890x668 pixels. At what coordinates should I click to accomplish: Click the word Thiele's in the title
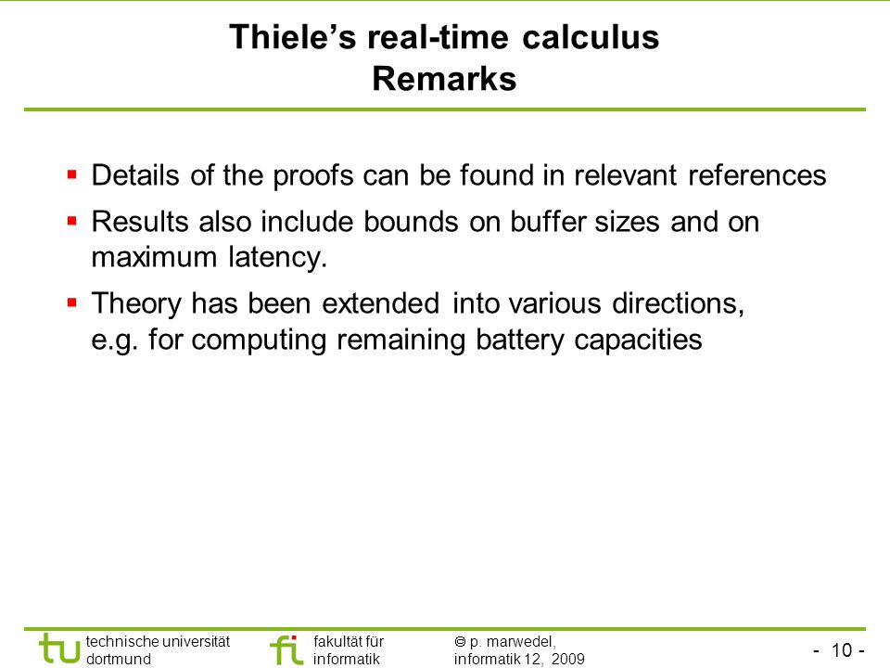pos(292,37)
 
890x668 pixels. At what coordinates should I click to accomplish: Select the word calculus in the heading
pos(591,37)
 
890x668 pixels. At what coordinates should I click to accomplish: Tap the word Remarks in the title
pos(444,78)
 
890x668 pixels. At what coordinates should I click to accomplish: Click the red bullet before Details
pos(72,173)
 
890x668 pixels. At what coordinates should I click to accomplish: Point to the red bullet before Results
pos(72,221)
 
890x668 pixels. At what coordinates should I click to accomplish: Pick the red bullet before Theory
pos(72,302)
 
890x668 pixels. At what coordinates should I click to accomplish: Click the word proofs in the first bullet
pos(313,176)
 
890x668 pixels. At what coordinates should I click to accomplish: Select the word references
pos(757,175)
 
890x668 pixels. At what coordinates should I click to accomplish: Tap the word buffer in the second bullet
pos(547,222)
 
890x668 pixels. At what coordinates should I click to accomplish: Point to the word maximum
pos(155,257)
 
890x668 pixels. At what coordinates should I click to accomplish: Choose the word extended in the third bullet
pos(381,303)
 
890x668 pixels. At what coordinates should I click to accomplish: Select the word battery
pos(520,340)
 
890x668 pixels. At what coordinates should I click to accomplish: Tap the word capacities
pos(638,340)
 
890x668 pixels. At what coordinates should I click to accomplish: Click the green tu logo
pos(59,649)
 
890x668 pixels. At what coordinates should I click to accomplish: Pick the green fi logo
pos(286,649)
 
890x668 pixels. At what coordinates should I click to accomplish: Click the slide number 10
pos(842,649)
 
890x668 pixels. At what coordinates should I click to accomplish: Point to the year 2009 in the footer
pos(567,659)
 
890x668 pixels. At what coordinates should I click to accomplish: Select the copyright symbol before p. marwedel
pos(460,642)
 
